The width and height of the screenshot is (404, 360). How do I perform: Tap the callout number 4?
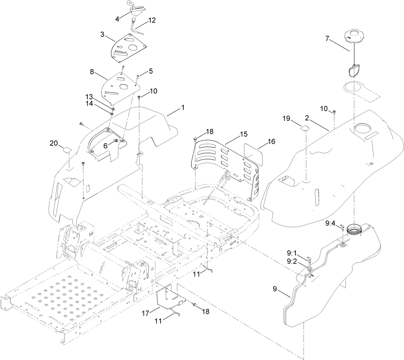(117, 19)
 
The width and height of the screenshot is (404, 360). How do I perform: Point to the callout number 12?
(152, 21)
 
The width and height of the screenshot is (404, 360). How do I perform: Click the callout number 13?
(89, 97)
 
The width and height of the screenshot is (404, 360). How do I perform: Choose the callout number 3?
(102, 34)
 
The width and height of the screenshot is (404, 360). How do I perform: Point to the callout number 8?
(92, 72)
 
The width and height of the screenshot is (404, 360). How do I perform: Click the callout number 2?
(307, 119)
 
